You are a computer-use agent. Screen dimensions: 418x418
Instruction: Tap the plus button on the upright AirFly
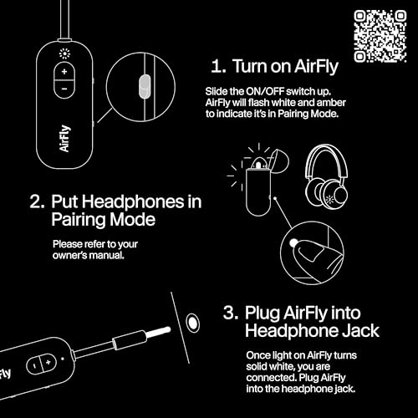pyautogui.click(x=64, y=74)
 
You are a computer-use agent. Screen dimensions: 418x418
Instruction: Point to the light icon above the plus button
pyautogui.click(x=64, y=54)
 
